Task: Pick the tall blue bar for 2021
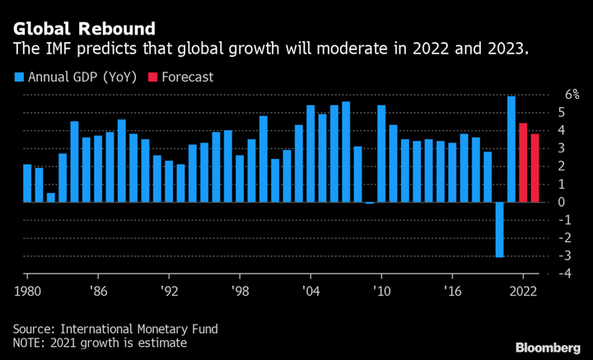[x=511, y=149]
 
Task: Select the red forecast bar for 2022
[x=523, y=162]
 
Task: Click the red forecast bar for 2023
[x=535, y=168]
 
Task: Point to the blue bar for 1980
[x=27, y=183]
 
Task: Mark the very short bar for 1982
[x=51, y=197]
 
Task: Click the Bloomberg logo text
[x=548, y=347]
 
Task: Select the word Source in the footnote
[x=31, y=329]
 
